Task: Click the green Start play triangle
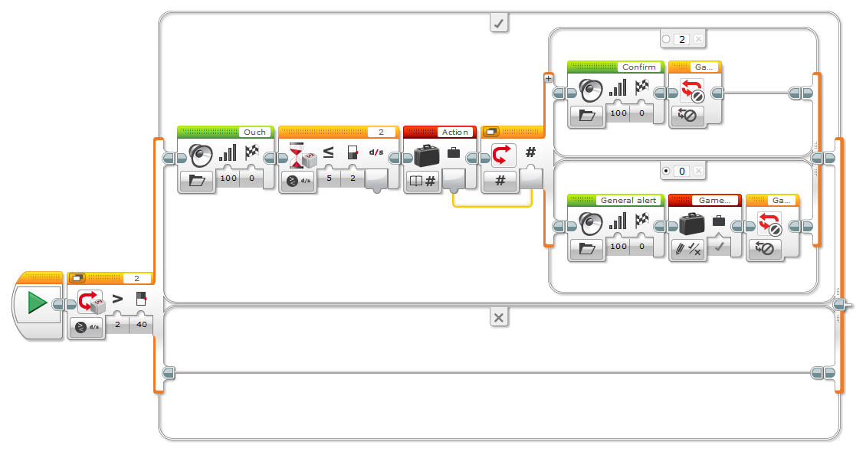37,303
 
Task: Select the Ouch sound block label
254,132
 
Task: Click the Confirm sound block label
638,67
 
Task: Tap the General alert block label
627,200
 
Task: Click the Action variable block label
455,132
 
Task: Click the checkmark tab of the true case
499,24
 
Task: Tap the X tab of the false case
499,317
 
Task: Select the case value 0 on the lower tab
682,171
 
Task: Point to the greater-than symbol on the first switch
118,299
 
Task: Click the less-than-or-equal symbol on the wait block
328,152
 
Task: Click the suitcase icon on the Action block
425,155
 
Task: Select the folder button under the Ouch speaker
197,181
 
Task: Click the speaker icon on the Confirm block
589,90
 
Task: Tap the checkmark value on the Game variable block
718,247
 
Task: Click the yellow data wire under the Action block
490,205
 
